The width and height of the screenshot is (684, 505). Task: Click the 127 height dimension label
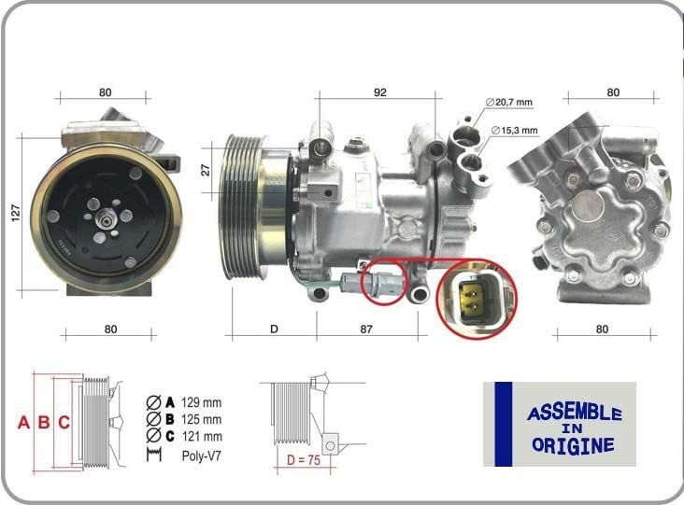click(15, 214)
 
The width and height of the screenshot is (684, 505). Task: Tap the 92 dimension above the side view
click(379, 92)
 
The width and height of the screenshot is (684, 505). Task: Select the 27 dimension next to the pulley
click(207, 169)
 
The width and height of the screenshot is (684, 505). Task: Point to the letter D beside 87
click(274, 329)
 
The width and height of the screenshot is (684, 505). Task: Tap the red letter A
click(24, 422)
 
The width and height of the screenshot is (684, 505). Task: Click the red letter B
click(44, 422)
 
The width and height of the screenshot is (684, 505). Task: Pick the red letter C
click(64, 422)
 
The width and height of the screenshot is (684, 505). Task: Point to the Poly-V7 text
click(201, 456)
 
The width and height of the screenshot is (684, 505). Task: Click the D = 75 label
click(304, 459)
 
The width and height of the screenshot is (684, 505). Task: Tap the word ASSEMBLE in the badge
click(574, 413)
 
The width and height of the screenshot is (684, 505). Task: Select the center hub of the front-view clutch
click(105, 217)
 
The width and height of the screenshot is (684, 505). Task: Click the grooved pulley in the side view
click(245, 206)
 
